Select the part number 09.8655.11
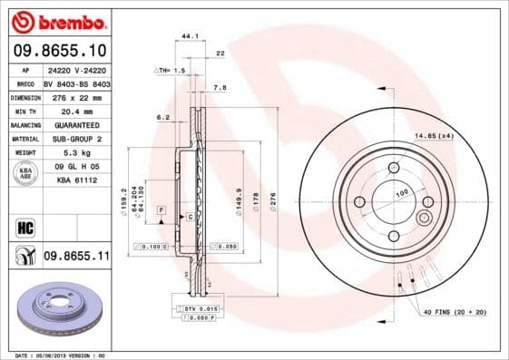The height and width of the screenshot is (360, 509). [x=76, y=257]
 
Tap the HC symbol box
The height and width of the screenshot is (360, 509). [x=24, y=228]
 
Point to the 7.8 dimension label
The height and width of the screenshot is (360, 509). [x=219, y=88]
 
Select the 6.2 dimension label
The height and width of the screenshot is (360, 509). [x=163, y=118]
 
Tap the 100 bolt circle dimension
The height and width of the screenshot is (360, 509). [x=400, y=194]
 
